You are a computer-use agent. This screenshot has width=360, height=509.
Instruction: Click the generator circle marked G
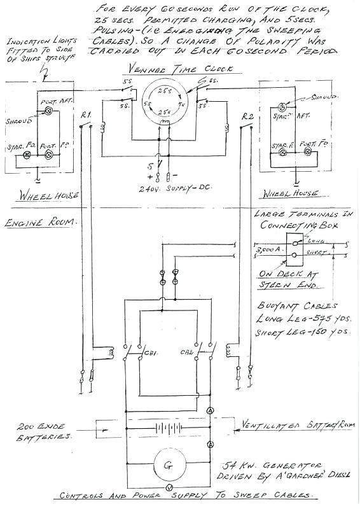168,465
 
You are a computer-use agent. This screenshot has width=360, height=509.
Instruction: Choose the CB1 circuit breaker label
151,351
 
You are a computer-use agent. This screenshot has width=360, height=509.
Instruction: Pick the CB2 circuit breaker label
186,351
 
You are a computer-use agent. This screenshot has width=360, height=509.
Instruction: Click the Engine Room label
39,223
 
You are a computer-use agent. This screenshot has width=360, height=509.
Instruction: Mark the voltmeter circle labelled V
168,487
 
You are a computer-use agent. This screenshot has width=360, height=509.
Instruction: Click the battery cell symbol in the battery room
168,429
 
